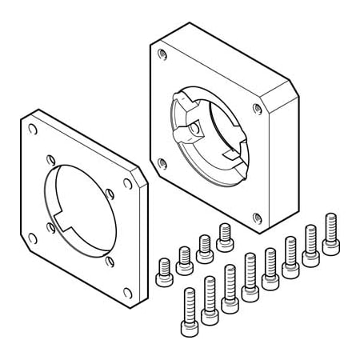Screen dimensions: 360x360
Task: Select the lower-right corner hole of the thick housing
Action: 256,216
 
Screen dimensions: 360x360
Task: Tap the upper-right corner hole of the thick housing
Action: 257,108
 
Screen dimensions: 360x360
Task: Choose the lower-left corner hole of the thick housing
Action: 162,162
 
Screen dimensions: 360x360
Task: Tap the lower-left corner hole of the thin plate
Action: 31,238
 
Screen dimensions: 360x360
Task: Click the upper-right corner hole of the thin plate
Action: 126,183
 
